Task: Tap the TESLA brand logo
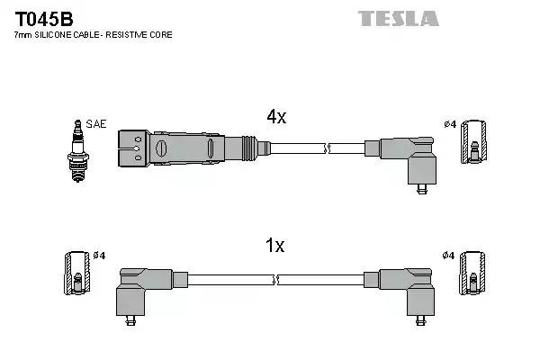click(398, 18)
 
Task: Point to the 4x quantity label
click(275, 116)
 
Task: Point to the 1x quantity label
click(275, 246)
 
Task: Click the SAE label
click(95, 123)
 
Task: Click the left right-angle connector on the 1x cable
click(139, 289)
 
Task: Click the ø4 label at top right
click(449, 123)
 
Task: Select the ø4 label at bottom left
click(99, 256)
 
